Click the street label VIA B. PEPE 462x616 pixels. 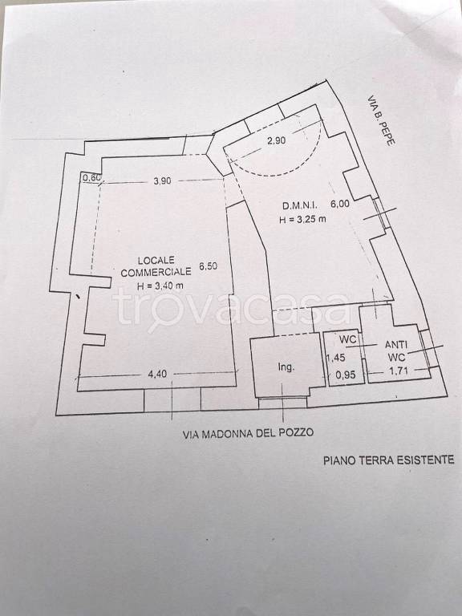(x=381, y=120)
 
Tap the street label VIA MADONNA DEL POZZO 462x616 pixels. (x=249, y=434)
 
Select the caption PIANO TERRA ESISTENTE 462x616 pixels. (x=389, y=460)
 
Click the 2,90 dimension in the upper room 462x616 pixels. (x=277, y=140)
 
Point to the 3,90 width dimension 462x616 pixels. (x=162, y=180)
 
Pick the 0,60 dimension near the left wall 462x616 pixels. (x=91, y=177)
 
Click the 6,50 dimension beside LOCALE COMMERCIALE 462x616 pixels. (x=209, y=266)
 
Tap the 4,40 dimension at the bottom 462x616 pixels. (x=157, y=375)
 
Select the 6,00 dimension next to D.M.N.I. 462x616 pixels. (x=340, y=204)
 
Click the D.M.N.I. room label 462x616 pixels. (x=300, y=205)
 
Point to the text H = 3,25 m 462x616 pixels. (x=302, y=219)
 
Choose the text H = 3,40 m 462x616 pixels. (x=160, y=286)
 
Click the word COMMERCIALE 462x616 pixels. (x=156, y=272)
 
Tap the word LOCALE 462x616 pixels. (x=156, y=260)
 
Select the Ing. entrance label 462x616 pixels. (x=286, y=367)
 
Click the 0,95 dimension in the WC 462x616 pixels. (x=346, y=375)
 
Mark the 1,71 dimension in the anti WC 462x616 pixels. (x=399, y=370)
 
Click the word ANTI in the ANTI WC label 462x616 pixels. (x=396, y=345)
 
